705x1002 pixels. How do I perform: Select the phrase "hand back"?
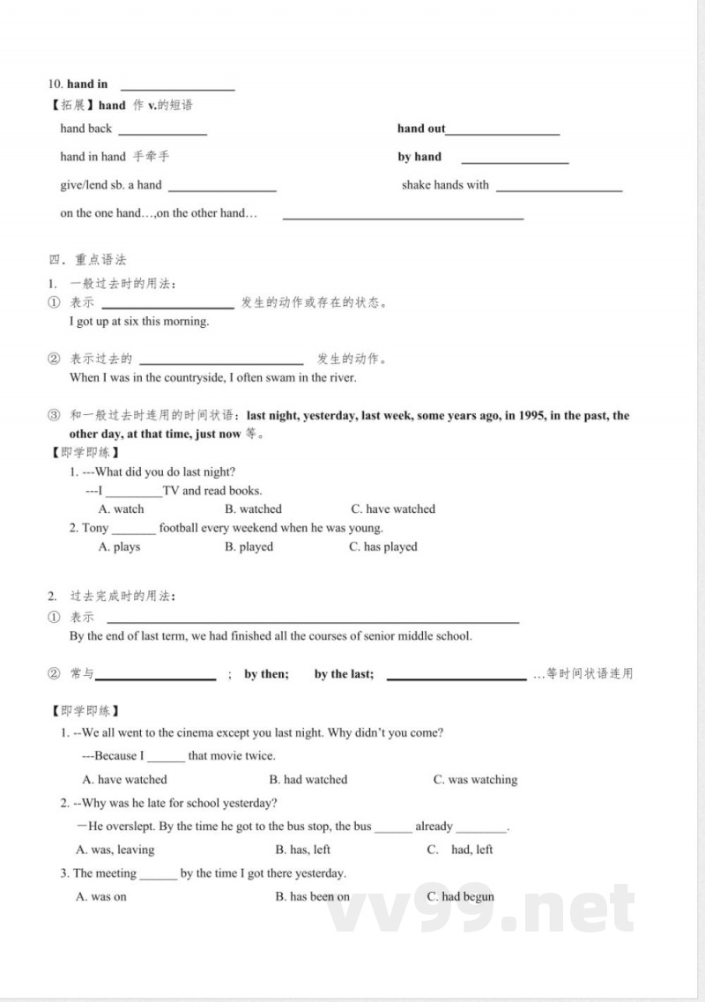point(86,129)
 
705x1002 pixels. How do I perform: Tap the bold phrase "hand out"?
point(421,129)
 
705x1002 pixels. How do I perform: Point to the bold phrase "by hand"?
point(419,157)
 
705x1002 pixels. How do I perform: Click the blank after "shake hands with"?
point(559,188)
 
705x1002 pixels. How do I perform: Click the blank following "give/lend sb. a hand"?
point(222,188)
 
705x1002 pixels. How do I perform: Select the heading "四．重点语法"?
point(88,259)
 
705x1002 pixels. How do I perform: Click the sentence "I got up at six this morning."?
point(139,322)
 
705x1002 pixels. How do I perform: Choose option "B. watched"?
point(253,509)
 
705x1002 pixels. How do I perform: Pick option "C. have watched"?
point(392,509)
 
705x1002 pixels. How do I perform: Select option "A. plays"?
point(119,547)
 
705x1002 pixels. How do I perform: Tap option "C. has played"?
point(383,547)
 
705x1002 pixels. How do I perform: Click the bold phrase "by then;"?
point(266,674)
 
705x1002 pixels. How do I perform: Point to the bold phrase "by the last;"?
point(344,674)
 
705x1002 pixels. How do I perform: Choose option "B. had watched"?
point(308,780)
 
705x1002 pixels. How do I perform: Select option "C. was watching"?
point(475,780)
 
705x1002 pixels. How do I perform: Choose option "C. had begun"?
point(460,897)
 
